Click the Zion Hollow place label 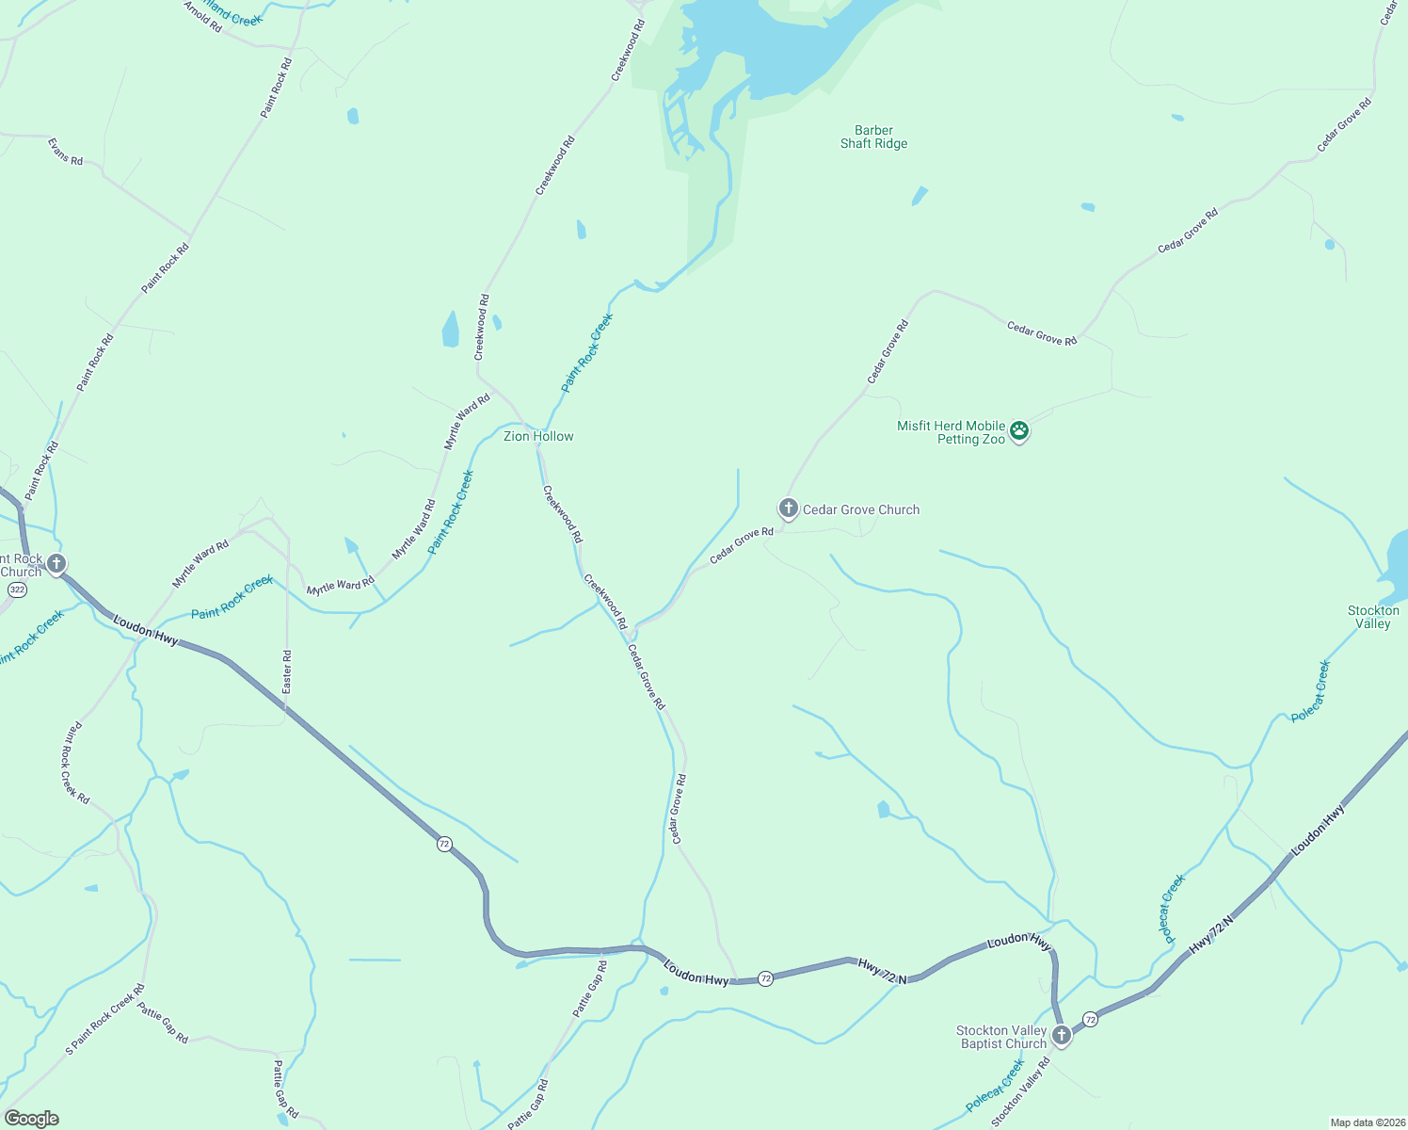tap(538, 437)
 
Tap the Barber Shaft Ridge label tap(873, 137)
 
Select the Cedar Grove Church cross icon tap(788, 508)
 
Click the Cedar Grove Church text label tap(860, 509)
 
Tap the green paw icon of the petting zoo tap(1019, 431)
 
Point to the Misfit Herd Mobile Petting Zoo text tap(951, 433)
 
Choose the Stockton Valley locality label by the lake tap(1373, 617)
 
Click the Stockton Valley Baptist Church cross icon tap(1061, 1036)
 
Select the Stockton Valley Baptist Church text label tap(1001, 1038)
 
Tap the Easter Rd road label tap(287, 672)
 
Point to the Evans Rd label tap(66, 153)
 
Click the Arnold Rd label tap(203, 18)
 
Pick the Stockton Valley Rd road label tap(1020, 1091)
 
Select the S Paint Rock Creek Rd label tap(105, 1020)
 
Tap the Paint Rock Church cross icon tap(56, 564)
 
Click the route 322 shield tap(17, 589)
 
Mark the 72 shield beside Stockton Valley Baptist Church tap(1090, 1020)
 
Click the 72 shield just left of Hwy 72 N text tap(766, 979)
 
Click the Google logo tap(32, 1119)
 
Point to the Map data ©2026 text tap(1367, 1122)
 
